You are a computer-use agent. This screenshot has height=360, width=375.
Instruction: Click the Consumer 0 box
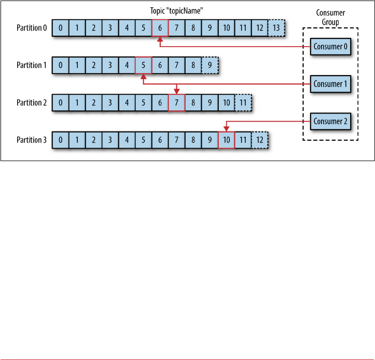tap(330, 47)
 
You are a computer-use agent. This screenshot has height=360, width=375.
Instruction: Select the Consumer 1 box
tap(330, 84)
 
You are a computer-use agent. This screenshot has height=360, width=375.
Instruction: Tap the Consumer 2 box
tap(330, 122)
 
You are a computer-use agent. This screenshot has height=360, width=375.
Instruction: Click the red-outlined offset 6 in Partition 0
tap(160, 28)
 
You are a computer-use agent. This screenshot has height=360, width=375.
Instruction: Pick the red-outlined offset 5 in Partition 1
tap(143, 65)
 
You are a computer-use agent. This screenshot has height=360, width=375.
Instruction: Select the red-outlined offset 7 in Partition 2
tap(176, 103)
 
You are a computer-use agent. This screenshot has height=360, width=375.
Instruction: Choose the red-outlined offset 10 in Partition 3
tap(226, 140)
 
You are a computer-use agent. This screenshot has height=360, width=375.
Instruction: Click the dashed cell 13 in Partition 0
tap(276, 28)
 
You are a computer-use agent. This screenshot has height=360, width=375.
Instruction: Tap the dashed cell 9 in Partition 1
tap(210, 65)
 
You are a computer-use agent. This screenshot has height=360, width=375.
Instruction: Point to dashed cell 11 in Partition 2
tap(243, 103)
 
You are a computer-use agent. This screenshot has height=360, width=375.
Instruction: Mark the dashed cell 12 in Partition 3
tap(260, 140)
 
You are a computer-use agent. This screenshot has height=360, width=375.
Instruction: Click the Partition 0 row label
tap(32, 28)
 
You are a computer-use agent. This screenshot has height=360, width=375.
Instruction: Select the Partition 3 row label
tap(32, 140)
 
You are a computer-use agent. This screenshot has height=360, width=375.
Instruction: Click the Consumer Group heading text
tap(330, 18)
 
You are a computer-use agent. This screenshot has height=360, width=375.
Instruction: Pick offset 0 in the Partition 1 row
tap(61, 65)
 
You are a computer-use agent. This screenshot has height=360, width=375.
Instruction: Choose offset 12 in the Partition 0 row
tap(259, 28)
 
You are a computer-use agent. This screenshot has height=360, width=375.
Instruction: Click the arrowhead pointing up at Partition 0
tap(160, 39)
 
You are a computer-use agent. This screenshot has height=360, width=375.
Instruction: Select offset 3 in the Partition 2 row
tap(110, 103)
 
